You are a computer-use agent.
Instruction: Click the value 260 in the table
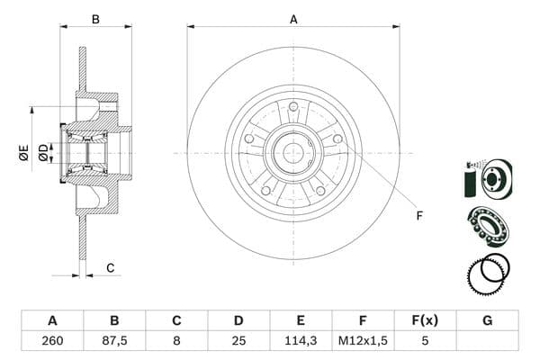[x=51, y=340]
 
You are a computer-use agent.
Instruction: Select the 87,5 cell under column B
[x=114, y=340]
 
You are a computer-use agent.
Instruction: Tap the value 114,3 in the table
[x=301, y=340]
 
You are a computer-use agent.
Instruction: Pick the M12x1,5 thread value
[x=364, y=340]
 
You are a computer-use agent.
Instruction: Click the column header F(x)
[x=426, y=319]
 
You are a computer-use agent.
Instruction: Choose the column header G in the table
[x=488, y=319]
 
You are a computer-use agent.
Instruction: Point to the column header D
[x=238, y=319]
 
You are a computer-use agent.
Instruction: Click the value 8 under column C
[x=176, y=340]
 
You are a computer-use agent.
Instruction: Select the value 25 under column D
[x=238, y=340]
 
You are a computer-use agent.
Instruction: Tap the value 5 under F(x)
[x=426, y=340]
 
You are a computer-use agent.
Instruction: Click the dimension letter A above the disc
[x=293, y=17]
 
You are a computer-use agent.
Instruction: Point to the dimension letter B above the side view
[x=96, y=17]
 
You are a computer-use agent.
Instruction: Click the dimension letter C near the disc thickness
[x=110, y=267]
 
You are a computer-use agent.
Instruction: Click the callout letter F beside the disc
[x=419, y=215]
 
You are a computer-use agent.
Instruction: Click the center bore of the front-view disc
[x=293, y=153]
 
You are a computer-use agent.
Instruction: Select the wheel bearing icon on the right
[x=488, y=224]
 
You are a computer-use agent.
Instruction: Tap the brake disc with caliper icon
[x=486, y=178]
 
